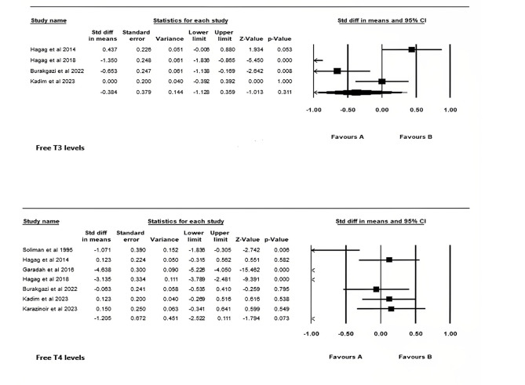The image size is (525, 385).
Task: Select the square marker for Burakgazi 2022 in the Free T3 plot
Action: (x=337, y=70)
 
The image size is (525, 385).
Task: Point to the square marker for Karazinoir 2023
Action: (x=392, y=309)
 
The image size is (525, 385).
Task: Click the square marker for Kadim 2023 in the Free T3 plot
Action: (x=381, y=80)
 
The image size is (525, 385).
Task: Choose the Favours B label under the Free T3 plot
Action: (x=416, y=136)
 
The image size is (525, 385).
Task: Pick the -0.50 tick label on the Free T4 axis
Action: (x=346, y=334)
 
